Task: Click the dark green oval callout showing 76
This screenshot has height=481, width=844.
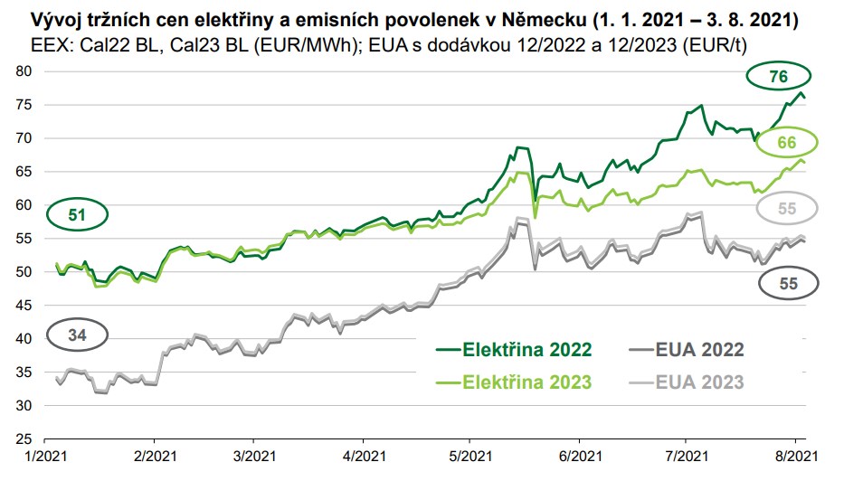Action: click(x=778, y=78)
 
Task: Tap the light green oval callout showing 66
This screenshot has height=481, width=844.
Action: click(x=786, y=142)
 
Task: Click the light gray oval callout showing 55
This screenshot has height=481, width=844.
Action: click(x=786, y=209)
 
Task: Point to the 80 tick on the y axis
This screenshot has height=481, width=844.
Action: click(x=24, y=71)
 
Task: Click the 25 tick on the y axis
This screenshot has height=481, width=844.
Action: click(x=24, y=439)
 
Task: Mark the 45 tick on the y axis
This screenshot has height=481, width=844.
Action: click(x=24, y=306)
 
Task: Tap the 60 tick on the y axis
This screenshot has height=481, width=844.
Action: click(x=24, y=205)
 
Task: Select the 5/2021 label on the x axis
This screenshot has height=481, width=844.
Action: click(x=467, y=457)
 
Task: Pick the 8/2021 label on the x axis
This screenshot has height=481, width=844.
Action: click(x=793, y=457)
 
